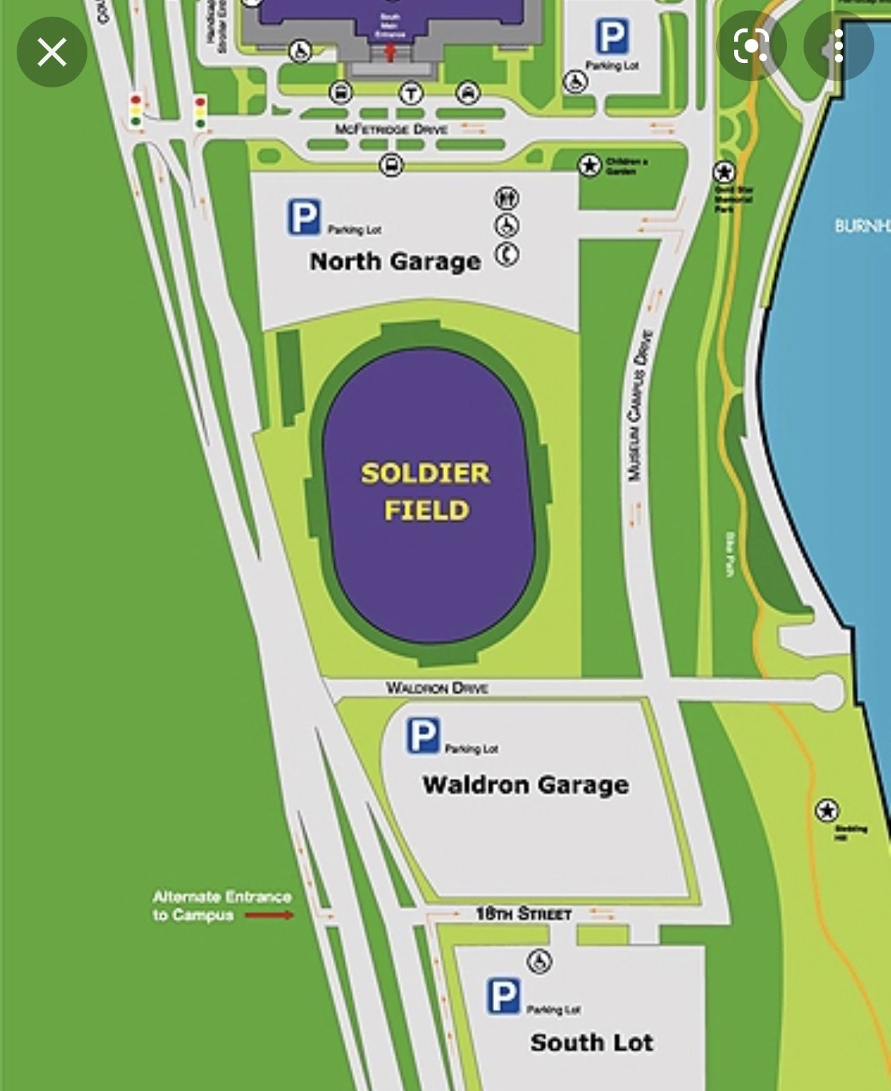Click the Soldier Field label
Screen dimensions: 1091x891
[x=425, y=491]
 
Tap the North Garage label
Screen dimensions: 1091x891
[x=395, y=261]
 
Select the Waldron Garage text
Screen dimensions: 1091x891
[x=525, y=784]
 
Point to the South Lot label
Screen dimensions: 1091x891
[x=591, y=1042]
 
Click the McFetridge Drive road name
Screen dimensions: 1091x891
[x=391, y=129]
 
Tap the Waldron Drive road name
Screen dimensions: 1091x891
[x=436, y=687]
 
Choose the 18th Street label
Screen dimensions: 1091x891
[x=523, y=913]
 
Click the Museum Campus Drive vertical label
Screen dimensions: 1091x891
[x=639, y=405]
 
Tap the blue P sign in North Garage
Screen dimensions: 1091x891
[x=304, y=216]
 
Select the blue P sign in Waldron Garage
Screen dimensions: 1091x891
[x=423, y=735]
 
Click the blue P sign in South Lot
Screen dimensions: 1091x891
[x=503, y=996]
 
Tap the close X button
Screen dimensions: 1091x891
[x=51, y=52]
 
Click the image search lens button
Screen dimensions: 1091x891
[x=751, y=46]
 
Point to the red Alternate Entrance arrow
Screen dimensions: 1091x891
[x=269, y=915]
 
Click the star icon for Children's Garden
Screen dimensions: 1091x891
[x=589, y=165]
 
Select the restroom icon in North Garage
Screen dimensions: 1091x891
[x=507, y=198]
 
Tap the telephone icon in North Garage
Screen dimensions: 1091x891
[x=507, y=255]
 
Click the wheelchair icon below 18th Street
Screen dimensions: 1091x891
[x=539, y=961]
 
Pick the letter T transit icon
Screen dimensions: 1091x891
[x=411, y=93]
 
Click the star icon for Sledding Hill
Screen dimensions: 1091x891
[x=826, y=810]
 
